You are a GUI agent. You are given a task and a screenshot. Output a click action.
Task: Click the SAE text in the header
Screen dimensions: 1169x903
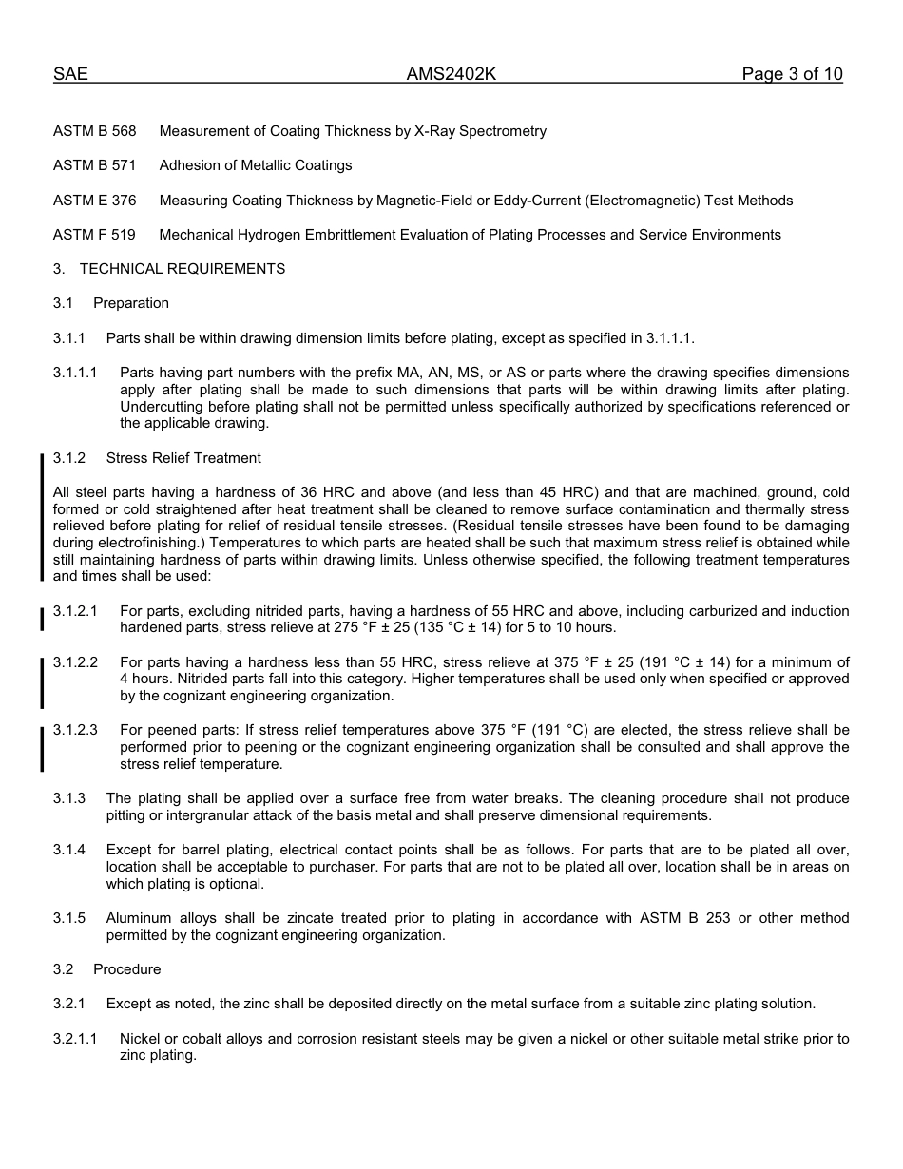[x=70, y=74]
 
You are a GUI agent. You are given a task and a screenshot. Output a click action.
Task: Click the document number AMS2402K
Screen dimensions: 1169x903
[x=451, y=74]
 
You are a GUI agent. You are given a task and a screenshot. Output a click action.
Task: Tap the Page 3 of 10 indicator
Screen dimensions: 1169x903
[x=792, y=74]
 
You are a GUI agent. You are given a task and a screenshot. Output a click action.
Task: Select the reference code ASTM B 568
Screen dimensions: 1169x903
[x=95, y=131]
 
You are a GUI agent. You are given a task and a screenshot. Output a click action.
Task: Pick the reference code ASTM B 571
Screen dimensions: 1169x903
[x=95, y=165]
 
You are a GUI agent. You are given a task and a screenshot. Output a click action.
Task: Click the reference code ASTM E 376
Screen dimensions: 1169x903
[x=95, y=201]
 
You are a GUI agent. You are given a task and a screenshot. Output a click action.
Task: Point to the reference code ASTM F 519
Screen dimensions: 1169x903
[x=95, y=235]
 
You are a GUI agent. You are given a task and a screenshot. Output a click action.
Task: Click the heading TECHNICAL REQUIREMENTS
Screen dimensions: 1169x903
[x=183, y=269]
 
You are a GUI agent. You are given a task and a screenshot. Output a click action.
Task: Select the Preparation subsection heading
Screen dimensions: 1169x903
[x=131, y=303]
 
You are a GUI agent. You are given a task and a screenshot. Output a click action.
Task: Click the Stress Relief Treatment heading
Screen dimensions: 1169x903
[x=183, y=458]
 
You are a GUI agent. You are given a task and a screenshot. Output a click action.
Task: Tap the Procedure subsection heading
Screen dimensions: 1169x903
[x=127, y=969]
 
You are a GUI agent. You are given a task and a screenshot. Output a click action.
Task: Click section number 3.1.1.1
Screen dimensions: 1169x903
[x=75, y=373]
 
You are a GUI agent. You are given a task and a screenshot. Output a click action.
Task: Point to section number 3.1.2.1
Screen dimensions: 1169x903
[x=75, y=611]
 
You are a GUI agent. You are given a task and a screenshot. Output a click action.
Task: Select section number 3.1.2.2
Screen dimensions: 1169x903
[x=75, y=662]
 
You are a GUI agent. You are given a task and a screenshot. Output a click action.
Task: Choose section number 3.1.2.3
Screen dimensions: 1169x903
[x=75, y=731]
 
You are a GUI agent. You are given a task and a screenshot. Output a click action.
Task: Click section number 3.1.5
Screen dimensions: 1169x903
[x=69, y=918]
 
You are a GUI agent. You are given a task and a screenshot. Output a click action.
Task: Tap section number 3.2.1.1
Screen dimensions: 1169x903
[x=75, y=1039]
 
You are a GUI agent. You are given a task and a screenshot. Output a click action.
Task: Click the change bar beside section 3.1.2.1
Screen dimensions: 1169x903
[x=42, y=619]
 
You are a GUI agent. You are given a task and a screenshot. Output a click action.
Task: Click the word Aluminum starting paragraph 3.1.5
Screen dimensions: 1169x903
[x=139, y=918]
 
